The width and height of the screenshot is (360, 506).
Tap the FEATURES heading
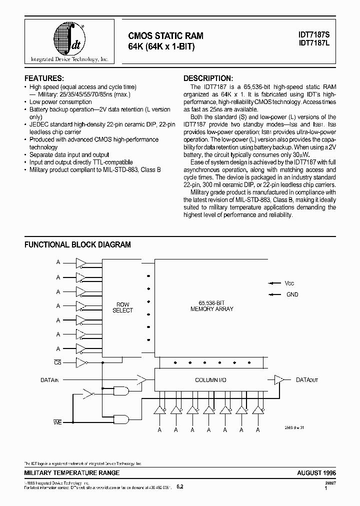tap(44, 78)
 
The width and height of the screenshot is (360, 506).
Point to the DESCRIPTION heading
tap(208, 78)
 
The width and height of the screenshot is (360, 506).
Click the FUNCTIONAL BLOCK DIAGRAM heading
tap(77, 244)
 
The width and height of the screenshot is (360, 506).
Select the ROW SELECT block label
tap(123, 307)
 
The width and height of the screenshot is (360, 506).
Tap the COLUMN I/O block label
tap(210, 380)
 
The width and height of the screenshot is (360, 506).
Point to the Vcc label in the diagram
tap(289, 283)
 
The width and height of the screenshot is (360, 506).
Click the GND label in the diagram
tap(292, 294)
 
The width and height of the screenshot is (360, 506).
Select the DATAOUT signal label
tap(307, 380)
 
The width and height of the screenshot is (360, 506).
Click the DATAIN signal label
tap(49, 380)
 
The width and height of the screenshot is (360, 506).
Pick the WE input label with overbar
tap(57, 423)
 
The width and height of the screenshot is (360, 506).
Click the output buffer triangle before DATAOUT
tap(279, 380)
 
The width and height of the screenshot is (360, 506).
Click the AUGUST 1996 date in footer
tap(316, 472)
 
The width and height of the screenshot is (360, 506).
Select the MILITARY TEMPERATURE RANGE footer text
tap(71, 472)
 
